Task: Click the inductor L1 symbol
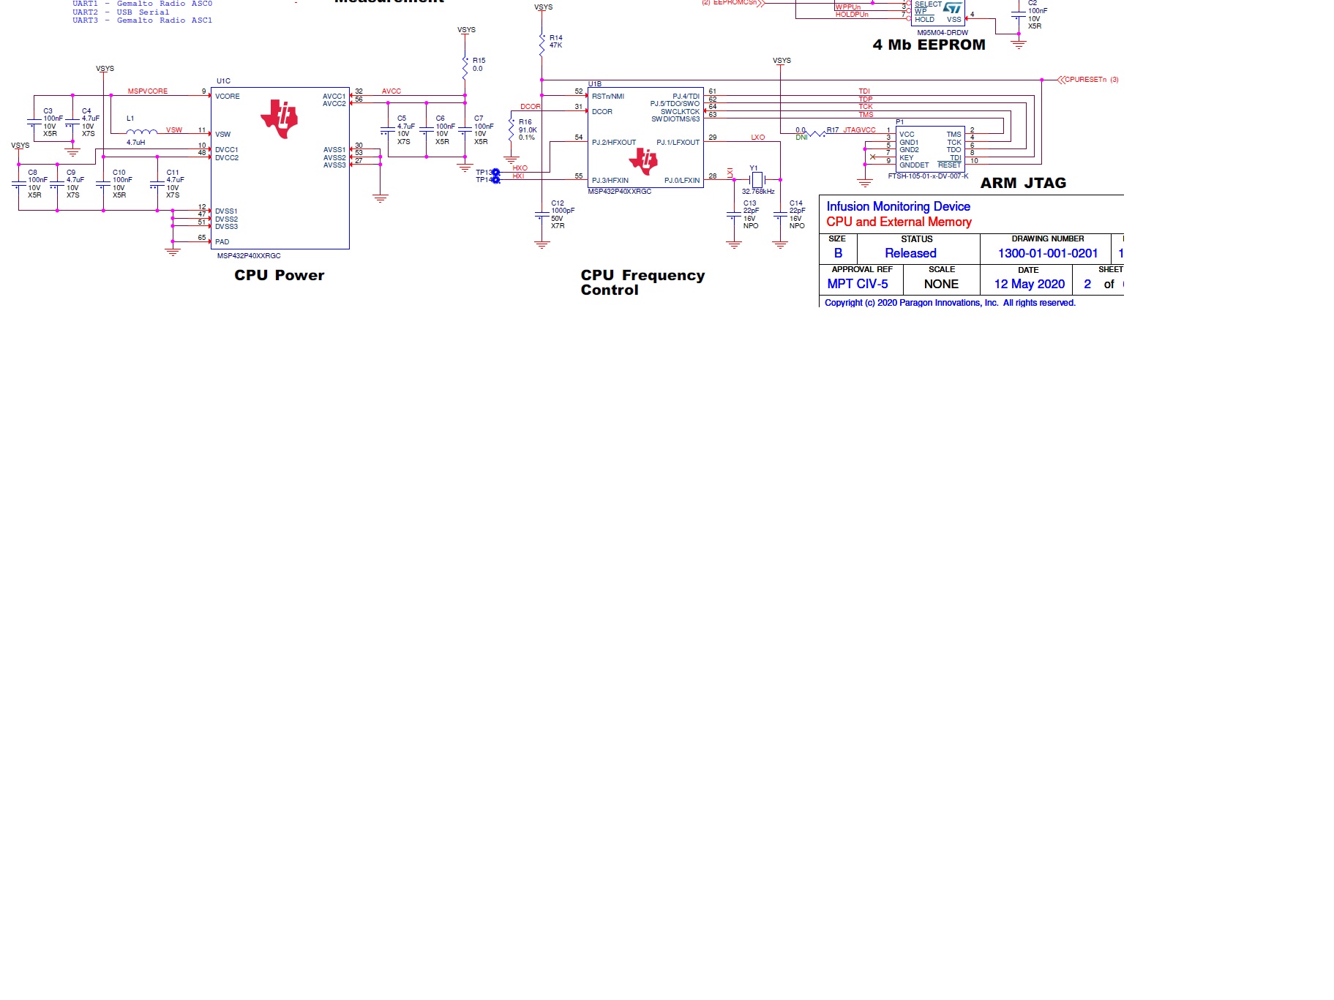click(141, 132)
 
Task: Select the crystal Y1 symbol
click(757, 179)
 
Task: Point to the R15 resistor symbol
click(465, 68)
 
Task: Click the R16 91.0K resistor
click(512, 130)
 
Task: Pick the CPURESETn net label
click(1085, 80)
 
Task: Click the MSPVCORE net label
click(148, 91)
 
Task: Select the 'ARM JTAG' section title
click(1023, 184)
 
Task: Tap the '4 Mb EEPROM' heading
click(929, 45)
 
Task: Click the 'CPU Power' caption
click(279, 276)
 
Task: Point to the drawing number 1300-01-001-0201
click(1048, 254)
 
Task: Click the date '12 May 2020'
click(1029, 285)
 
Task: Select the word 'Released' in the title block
click(910, 254)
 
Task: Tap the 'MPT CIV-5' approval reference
click(858, 285)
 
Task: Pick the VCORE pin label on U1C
click(228, 97)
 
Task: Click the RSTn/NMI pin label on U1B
click(608, 97)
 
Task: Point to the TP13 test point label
click(484, 173)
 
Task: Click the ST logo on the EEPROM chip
click(952, 8)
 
